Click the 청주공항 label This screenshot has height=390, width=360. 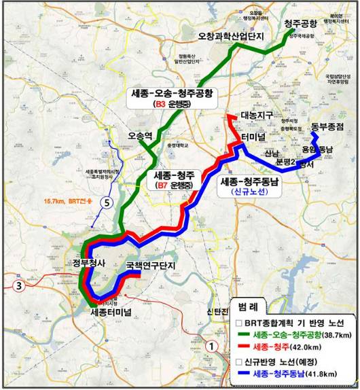(300, 24)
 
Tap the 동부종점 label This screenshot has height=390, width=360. (329, 127)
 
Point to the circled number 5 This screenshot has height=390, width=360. (105, 202)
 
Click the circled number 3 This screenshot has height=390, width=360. (20, 285)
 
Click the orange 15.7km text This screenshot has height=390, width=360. (58, 201)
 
